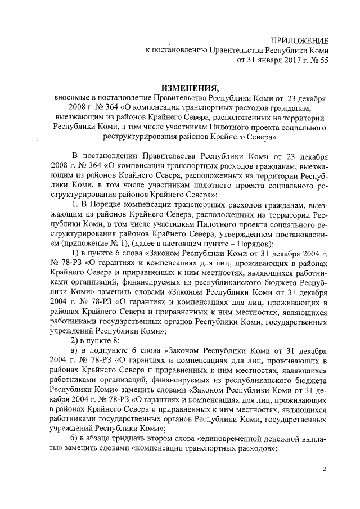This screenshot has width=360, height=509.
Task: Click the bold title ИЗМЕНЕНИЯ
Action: click(x=189, y=88)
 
